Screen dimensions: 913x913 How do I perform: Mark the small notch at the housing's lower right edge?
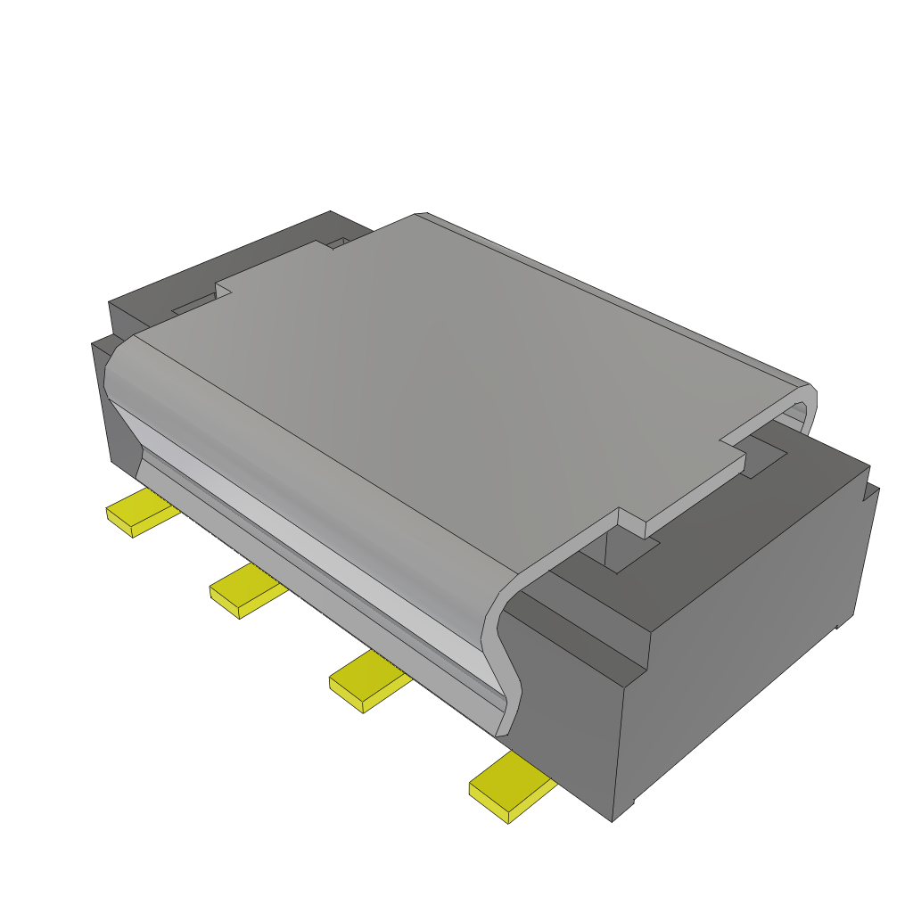pos(837,628)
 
